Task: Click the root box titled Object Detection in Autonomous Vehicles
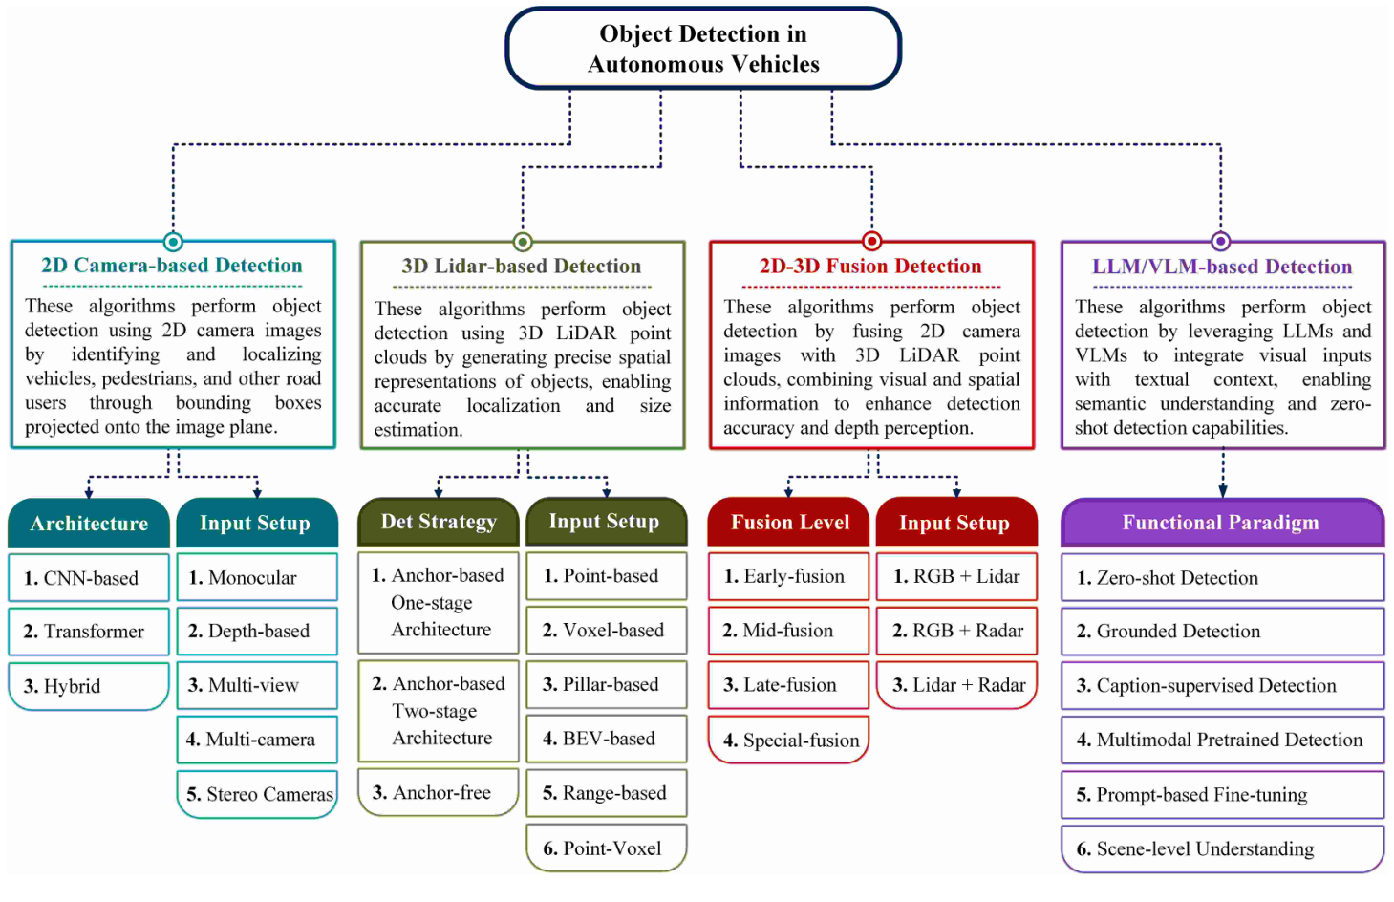click(703, 49)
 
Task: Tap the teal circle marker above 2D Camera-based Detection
click(173, 241)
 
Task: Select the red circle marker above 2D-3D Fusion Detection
click(871, 241)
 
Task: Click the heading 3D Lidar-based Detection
click(522, 267)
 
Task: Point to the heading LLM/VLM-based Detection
click(1222, 267)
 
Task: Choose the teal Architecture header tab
click(89, 524)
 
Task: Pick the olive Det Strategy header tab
click(439, 522)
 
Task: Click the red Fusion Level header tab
click(789, 523)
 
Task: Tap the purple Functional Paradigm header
click(1221, 523)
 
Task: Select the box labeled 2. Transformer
click(89, 632)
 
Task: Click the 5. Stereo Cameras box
click(258, 794)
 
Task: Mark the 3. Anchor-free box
click(439, 792)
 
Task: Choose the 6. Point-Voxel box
click(606, 848)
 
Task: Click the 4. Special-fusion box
click(789, 741)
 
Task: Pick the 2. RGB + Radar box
click(956, 631)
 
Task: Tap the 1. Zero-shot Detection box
click(1222, 578)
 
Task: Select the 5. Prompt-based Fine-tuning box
click(1222, 795)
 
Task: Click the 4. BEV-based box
click(606, 739)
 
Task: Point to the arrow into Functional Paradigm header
click(1223, 483)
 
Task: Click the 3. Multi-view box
click(258, 685)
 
